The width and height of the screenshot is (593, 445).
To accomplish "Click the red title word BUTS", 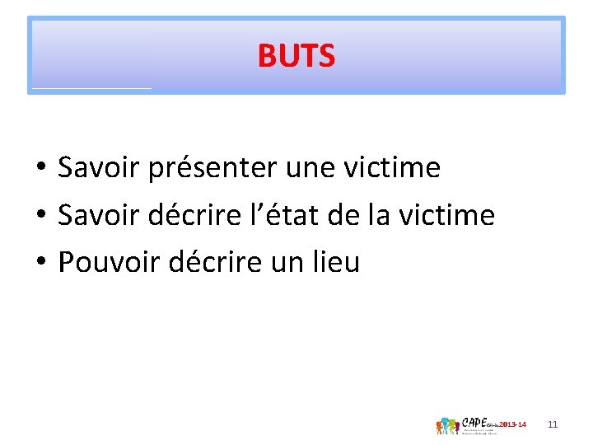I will (x=296, y=56).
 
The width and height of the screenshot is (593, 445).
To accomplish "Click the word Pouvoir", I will (x=109, y=264).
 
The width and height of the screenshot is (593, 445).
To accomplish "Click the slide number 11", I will (x=553, y=424).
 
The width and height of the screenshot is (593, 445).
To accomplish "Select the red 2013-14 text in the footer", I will (x=511, y=424).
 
